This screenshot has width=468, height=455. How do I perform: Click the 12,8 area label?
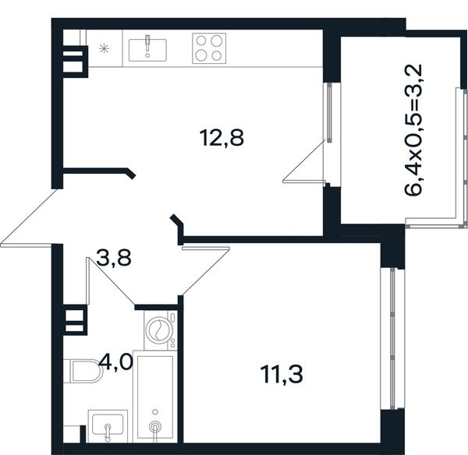point(222,138)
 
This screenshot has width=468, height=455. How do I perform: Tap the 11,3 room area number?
point(282,375)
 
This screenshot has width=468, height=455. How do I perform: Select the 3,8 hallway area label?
point(114,258)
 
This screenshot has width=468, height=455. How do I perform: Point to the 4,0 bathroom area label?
point(115,362)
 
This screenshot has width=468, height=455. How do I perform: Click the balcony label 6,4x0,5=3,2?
point(413,129)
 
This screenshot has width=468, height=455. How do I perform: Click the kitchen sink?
point(147,50)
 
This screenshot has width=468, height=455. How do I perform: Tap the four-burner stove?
point(209,48)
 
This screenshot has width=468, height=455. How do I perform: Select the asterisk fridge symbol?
point(105,48)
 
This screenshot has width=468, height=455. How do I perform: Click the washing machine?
point(161,330)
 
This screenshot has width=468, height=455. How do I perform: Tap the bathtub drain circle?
point(155,427)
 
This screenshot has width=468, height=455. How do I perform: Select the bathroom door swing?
point(111,281)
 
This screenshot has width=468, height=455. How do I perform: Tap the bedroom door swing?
point(206,267)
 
